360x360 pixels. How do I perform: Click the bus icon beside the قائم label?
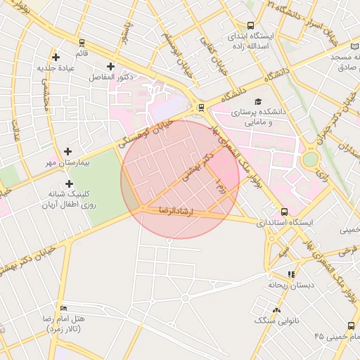[82, 41]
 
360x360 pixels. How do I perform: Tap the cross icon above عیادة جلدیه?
[56, 56]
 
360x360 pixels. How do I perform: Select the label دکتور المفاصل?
[110, 76]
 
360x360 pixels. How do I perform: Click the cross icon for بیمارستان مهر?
[67, 151]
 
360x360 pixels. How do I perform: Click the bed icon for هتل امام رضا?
[64, 308]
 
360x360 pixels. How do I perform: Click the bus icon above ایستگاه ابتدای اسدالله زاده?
[251, 25]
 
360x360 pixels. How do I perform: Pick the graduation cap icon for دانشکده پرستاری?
[258, 101]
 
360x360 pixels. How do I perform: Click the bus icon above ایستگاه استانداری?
[284, 211]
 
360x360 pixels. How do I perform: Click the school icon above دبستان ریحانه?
[291, 274]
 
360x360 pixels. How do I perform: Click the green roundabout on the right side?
[310, 160]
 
